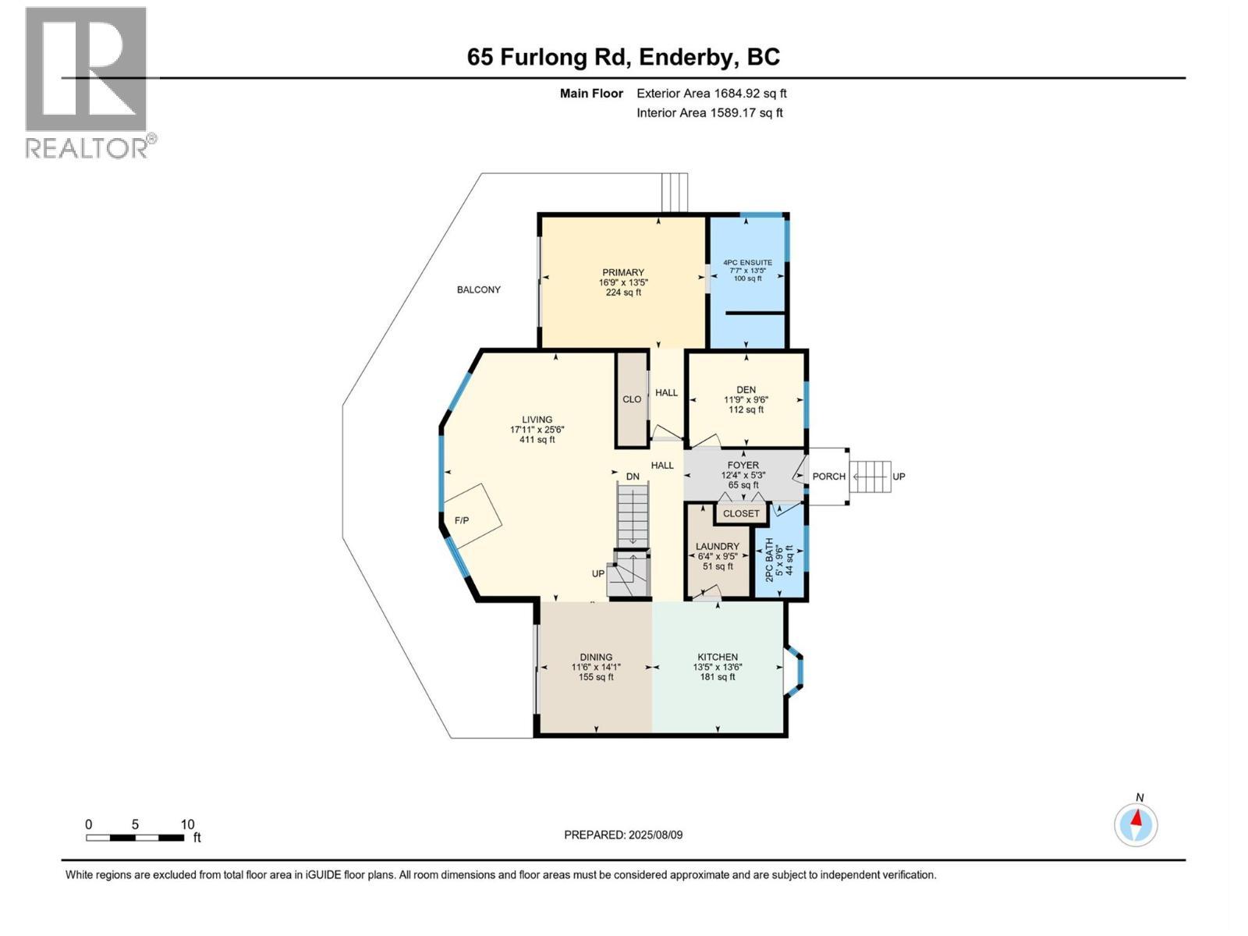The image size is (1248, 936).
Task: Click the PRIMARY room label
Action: click(622, 272)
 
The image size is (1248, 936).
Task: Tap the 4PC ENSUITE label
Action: click(747, 263)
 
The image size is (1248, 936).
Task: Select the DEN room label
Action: click(746, 390)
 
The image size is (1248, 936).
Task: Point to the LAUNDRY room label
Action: click(718, 546)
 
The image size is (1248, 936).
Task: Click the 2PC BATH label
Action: click(770, 559)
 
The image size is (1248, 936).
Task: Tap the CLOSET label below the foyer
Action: click(740, 513)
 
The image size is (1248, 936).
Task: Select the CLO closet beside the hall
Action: click(632, 399)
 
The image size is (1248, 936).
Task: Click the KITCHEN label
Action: click(717, 657)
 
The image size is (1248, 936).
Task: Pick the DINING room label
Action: click(596, 657)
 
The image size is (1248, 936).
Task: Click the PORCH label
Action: click(828, 477)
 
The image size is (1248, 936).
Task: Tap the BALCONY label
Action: click(479, 289)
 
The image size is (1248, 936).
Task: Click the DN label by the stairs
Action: click(633, 477)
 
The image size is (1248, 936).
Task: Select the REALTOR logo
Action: click(87, 82)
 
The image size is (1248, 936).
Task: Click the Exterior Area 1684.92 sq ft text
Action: click(711, 94)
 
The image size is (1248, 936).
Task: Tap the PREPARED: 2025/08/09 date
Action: click(623, 835)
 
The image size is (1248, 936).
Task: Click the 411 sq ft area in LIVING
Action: click(537, 440)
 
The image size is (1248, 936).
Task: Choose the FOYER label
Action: click(743, 465)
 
